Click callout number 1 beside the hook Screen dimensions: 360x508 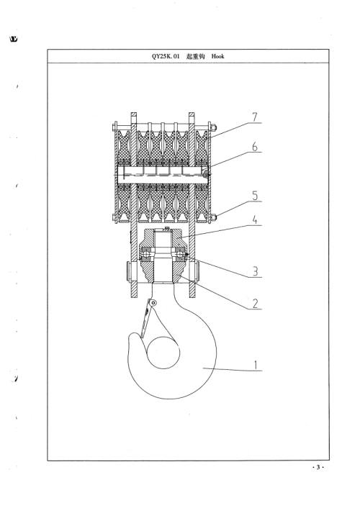(256, 365)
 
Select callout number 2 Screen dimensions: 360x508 (256, 304)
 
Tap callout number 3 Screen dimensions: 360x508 (256, 271)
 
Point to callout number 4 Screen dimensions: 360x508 (256, 220)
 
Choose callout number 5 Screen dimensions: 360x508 (256, 196)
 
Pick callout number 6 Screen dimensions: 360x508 (256, 147)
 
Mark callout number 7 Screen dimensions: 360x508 (256, 117)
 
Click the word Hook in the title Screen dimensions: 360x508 (217, 56)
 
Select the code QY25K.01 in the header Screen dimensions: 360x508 (166, 56)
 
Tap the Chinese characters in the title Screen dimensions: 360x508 (196, 56)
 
